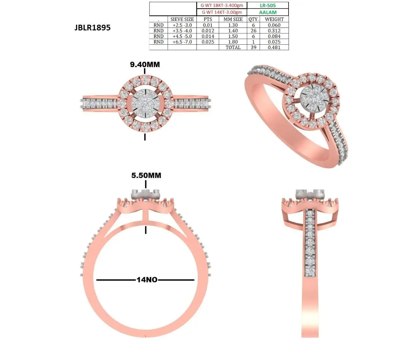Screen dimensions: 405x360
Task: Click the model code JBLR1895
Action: pos(92,28)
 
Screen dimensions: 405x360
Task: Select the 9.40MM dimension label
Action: pos(145,65)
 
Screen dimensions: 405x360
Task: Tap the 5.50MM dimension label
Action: pos(146,175)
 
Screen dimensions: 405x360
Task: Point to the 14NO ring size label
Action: pos(147,280)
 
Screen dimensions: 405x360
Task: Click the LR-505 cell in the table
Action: pos(268,6)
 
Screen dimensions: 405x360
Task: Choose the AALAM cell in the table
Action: pos(268,12)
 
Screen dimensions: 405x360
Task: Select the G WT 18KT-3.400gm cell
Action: pos(222,5)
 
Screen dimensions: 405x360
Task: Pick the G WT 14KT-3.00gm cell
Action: pos(222,12)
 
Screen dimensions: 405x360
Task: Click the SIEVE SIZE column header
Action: pos(182,19)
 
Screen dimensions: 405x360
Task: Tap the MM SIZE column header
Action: pos(233,19)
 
